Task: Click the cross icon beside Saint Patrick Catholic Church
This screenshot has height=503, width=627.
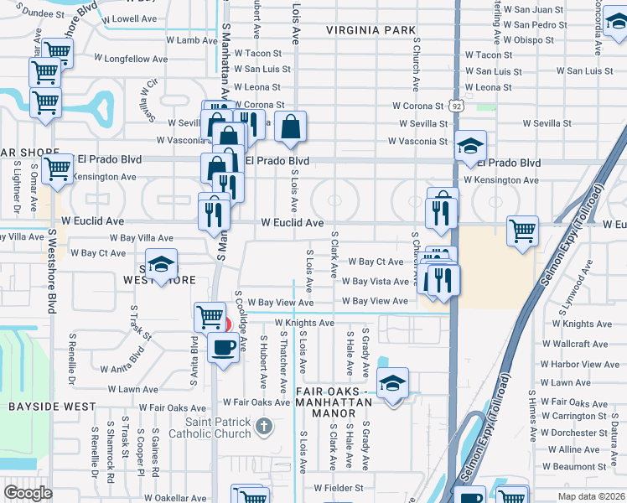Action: pos(264,428)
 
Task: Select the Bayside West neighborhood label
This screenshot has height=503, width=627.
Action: pos(40,407)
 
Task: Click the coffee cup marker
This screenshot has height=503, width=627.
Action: pos(223,347)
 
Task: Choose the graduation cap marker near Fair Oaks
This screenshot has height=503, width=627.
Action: pos(392,383)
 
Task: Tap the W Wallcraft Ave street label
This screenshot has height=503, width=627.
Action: pos(575,345)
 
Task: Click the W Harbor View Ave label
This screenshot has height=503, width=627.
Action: pos(580,365)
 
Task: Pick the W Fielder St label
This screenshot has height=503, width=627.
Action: pos(339,487)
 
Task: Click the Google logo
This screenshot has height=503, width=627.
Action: pos(28,492)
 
